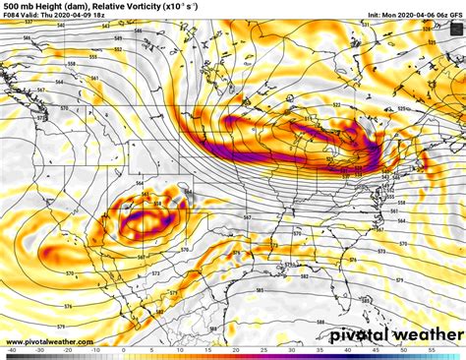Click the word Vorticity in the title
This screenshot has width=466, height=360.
pos(135,6)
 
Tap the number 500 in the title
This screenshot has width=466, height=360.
pos(11,6)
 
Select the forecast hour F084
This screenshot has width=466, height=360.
pos(12,17)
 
